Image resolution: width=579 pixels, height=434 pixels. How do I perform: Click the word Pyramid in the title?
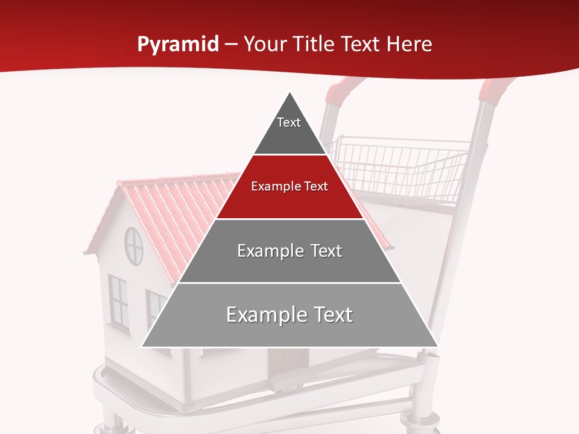(x=178, y=45)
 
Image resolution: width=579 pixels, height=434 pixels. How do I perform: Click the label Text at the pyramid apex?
(x=288, y=122)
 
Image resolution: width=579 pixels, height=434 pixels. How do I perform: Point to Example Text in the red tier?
(x=289, y=186)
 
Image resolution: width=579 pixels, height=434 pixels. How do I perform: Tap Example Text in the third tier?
(x=289, y=251)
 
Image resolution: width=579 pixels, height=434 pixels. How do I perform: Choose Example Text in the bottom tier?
(x=289, y=315)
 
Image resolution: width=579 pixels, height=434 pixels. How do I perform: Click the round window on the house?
(x=133, y=245)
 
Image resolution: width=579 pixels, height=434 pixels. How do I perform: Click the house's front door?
(x=288, y=362)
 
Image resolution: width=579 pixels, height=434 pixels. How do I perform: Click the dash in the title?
(x=231, y=45)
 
